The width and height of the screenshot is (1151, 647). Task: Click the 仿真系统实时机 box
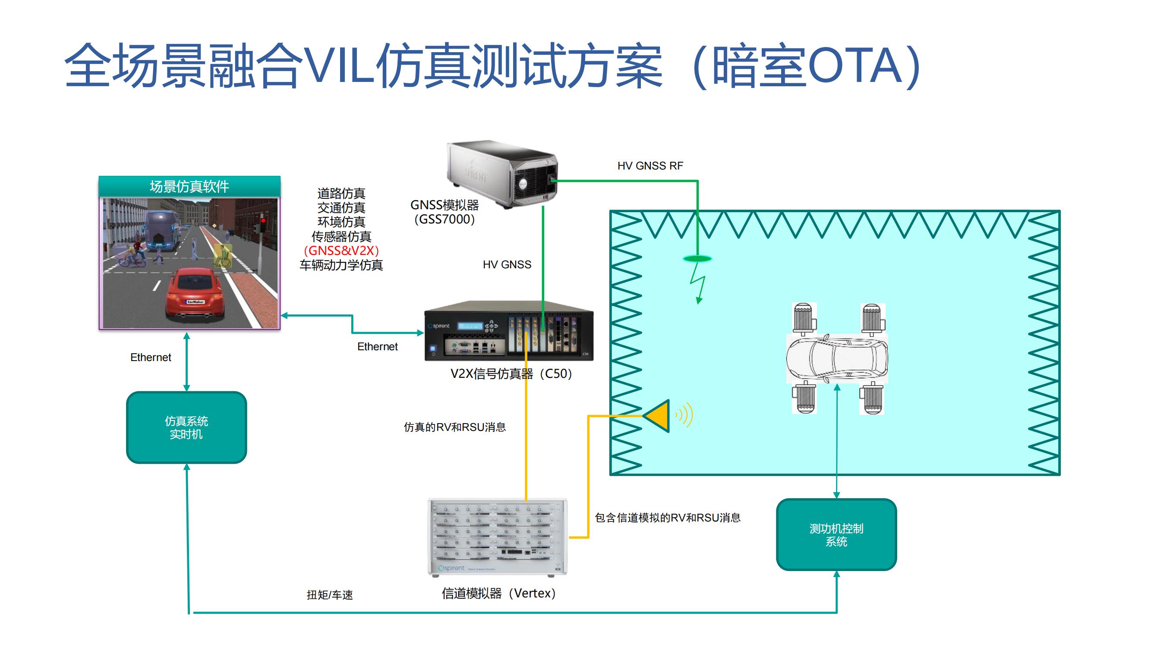(186, 427)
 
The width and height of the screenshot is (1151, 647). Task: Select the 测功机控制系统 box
(836, 534)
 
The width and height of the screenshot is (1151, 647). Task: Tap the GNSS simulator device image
(503, 174)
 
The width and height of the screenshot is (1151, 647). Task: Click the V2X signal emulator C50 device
(508, 331)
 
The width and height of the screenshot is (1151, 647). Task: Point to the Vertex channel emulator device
(497, 537)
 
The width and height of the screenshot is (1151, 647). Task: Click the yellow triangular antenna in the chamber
(658, 416)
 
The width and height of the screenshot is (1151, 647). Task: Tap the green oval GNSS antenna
(697, 258)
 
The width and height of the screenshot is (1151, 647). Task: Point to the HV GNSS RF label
(650, 166)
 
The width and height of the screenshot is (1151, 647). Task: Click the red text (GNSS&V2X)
(341, 251)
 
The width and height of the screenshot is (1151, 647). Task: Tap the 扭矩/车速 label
(330, 595)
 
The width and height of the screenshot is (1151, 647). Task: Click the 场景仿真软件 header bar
(189, 186)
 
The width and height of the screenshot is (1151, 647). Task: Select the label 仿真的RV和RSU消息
(454, 427)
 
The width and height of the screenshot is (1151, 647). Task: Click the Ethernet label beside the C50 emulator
(377, 346)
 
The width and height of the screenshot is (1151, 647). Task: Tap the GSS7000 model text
(445, 219)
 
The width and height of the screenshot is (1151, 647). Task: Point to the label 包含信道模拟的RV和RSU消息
(668, 518)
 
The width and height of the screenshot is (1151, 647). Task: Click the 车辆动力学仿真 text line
(341, 265)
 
